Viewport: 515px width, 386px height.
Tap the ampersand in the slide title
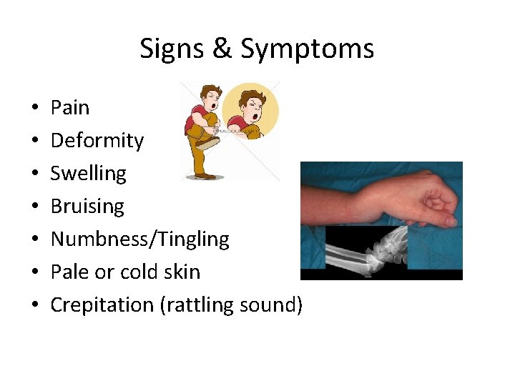pos(220,49)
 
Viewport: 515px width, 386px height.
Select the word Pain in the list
pos(70,108)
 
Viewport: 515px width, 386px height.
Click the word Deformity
pos(97,141)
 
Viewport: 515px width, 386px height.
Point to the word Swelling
pos(88,174)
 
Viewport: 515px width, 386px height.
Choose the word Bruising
pos(87,207)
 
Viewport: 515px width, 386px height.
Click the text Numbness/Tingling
pos(140,239)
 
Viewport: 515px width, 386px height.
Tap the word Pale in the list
pos(70,272)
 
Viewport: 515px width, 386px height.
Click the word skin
pos(182,272)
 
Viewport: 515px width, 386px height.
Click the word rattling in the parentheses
pos(202,305)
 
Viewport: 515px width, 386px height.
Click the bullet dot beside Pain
pos(36,109)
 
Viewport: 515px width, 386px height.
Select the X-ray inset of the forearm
pos(366,249)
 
